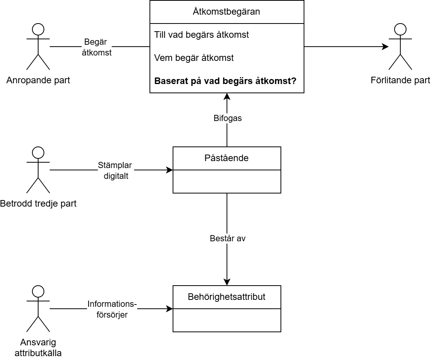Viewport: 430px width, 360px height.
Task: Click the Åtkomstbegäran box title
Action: (x=227, y=12)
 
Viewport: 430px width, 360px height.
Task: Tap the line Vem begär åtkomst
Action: (x=194, y=58)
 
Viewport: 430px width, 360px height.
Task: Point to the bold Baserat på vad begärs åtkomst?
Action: (x=225, y=81)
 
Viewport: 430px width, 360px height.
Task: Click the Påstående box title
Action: (x=227, y=158)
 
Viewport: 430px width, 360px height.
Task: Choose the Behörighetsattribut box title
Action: (x=227, y=297)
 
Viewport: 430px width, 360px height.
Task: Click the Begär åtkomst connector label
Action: (x=97, y=47)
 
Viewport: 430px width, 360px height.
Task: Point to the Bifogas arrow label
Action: (x=227, y=118)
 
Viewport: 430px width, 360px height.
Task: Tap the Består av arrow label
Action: (x=227, y=239)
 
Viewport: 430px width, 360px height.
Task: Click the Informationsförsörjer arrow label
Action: (x=112, y=309)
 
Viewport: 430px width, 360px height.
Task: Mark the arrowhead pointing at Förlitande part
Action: (x=385, y=47)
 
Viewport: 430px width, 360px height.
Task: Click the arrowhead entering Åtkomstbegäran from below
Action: (x=227, y=96)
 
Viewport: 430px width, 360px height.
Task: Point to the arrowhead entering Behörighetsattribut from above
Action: (x=227, y=282)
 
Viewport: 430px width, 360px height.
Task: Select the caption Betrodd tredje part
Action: (x=38, y=204)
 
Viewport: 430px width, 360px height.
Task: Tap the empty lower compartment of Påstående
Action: (x=227, y=181)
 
